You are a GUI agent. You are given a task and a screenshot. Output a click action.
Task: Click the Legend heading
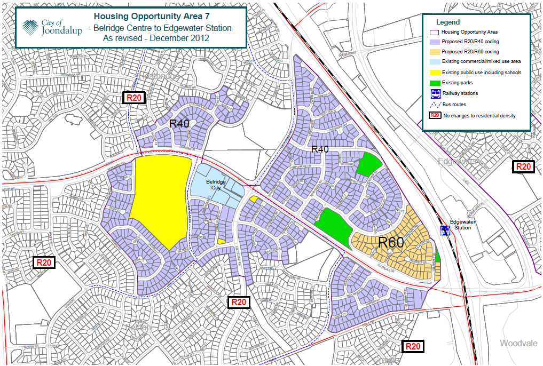pyautogui.click(x=447, y=22)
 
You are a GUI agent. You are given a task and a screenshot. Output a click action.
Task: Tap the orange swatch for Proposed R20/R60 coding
pyautogui.click(x=435, y=52)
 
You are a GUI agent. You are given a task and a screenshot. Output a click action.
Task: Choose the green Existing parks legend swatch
pyautogui.click(x=435, y=83)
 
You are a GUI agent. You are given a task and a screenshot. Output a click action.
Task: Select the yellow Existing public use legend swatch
pyautogui.click(x=435, y=72)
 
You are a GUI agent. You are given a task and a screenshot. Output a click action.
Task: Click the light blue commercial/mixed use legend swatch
pyautogui.click(x=435, y=62)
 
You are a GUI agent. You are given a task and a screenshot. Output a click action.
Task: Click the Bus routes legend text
pyautogui.click(x=454, y=105)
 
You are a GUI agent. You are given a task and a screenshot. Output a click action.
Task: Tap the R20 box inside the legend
pyautogui.click(x=435, y=115)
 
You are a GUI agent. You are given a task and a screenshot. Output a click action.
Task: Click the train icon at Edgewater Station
pyautogui.click(x=444, y=230)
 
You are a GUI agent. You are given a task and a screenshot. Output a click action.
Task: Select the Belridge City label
pyautogui.click(x=216, y=185)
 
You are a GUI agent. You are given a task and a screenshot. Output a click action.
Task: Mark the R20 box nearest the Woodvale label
pyautogui.click(x=412, y=346)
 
